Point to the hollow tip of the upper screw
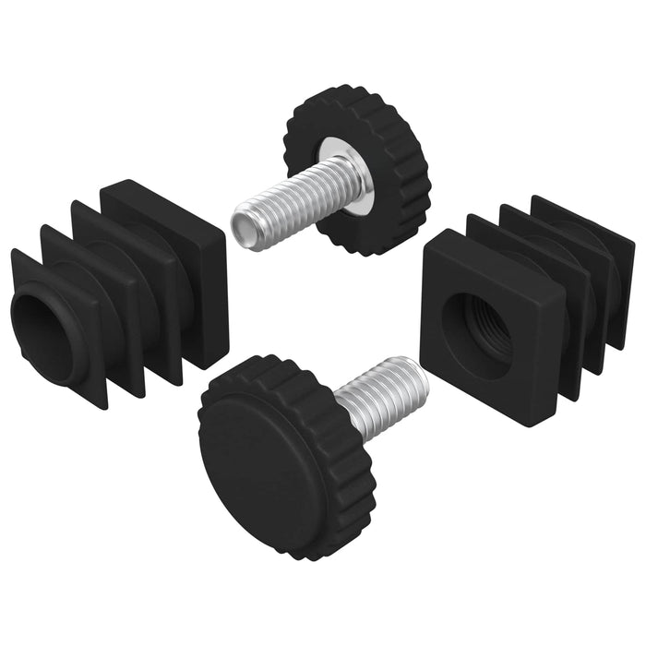(x=245, y=221)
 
